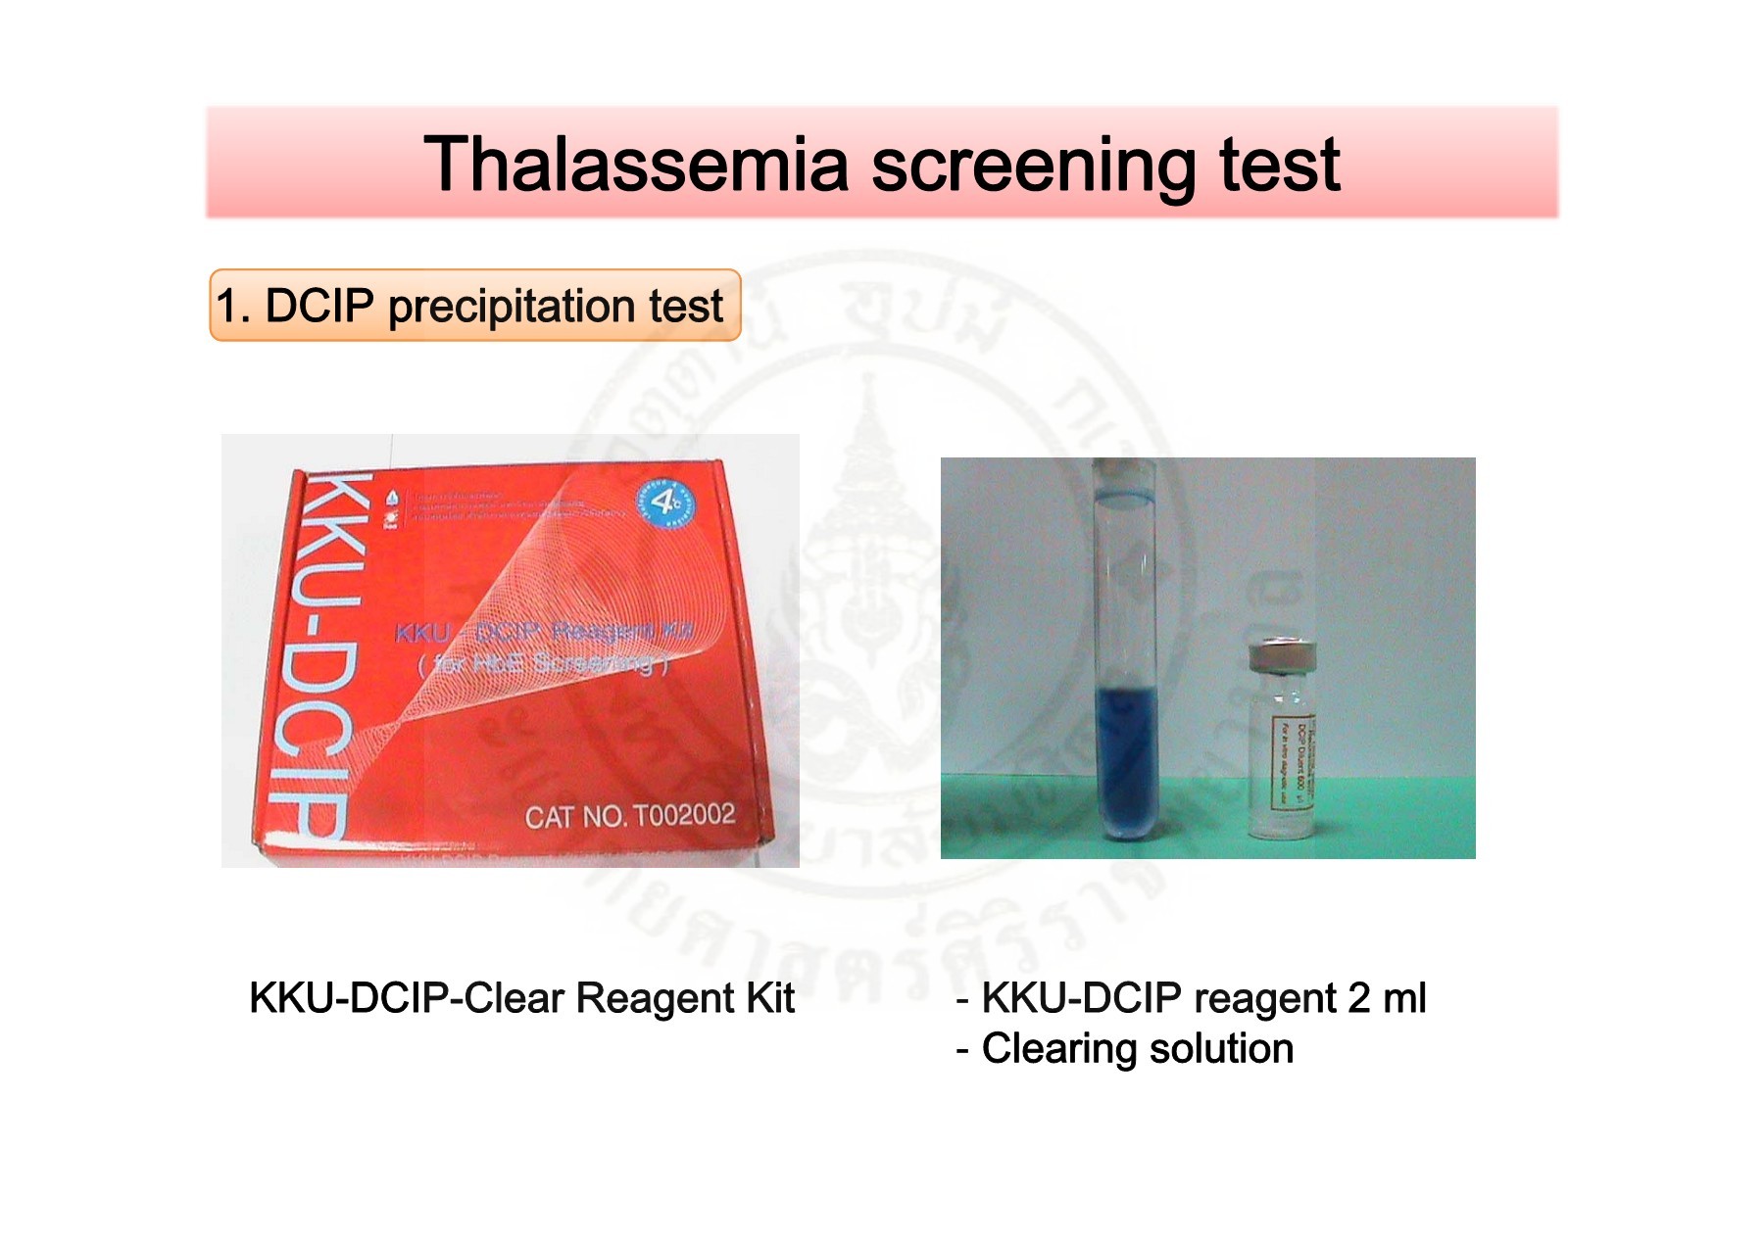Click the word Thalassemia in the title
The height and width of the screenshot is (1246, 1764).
(x=635, y=165)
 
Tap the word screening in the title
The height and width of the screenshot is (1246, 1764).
(x=1033, y=165)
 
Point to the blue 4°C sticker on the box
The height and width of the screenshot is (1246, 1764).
(x=666, y=503)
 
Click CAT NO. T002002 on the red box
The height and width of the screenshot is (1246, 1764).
(x=629, y=816)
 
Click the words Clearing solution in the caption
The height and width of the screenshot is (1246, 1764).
(x=1137, y=1049)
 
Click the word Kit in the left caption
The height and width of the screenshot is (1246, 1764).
(x=769, y=999)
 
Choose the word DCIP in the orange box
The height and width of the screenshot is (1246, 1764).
(x=319, y=307)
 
